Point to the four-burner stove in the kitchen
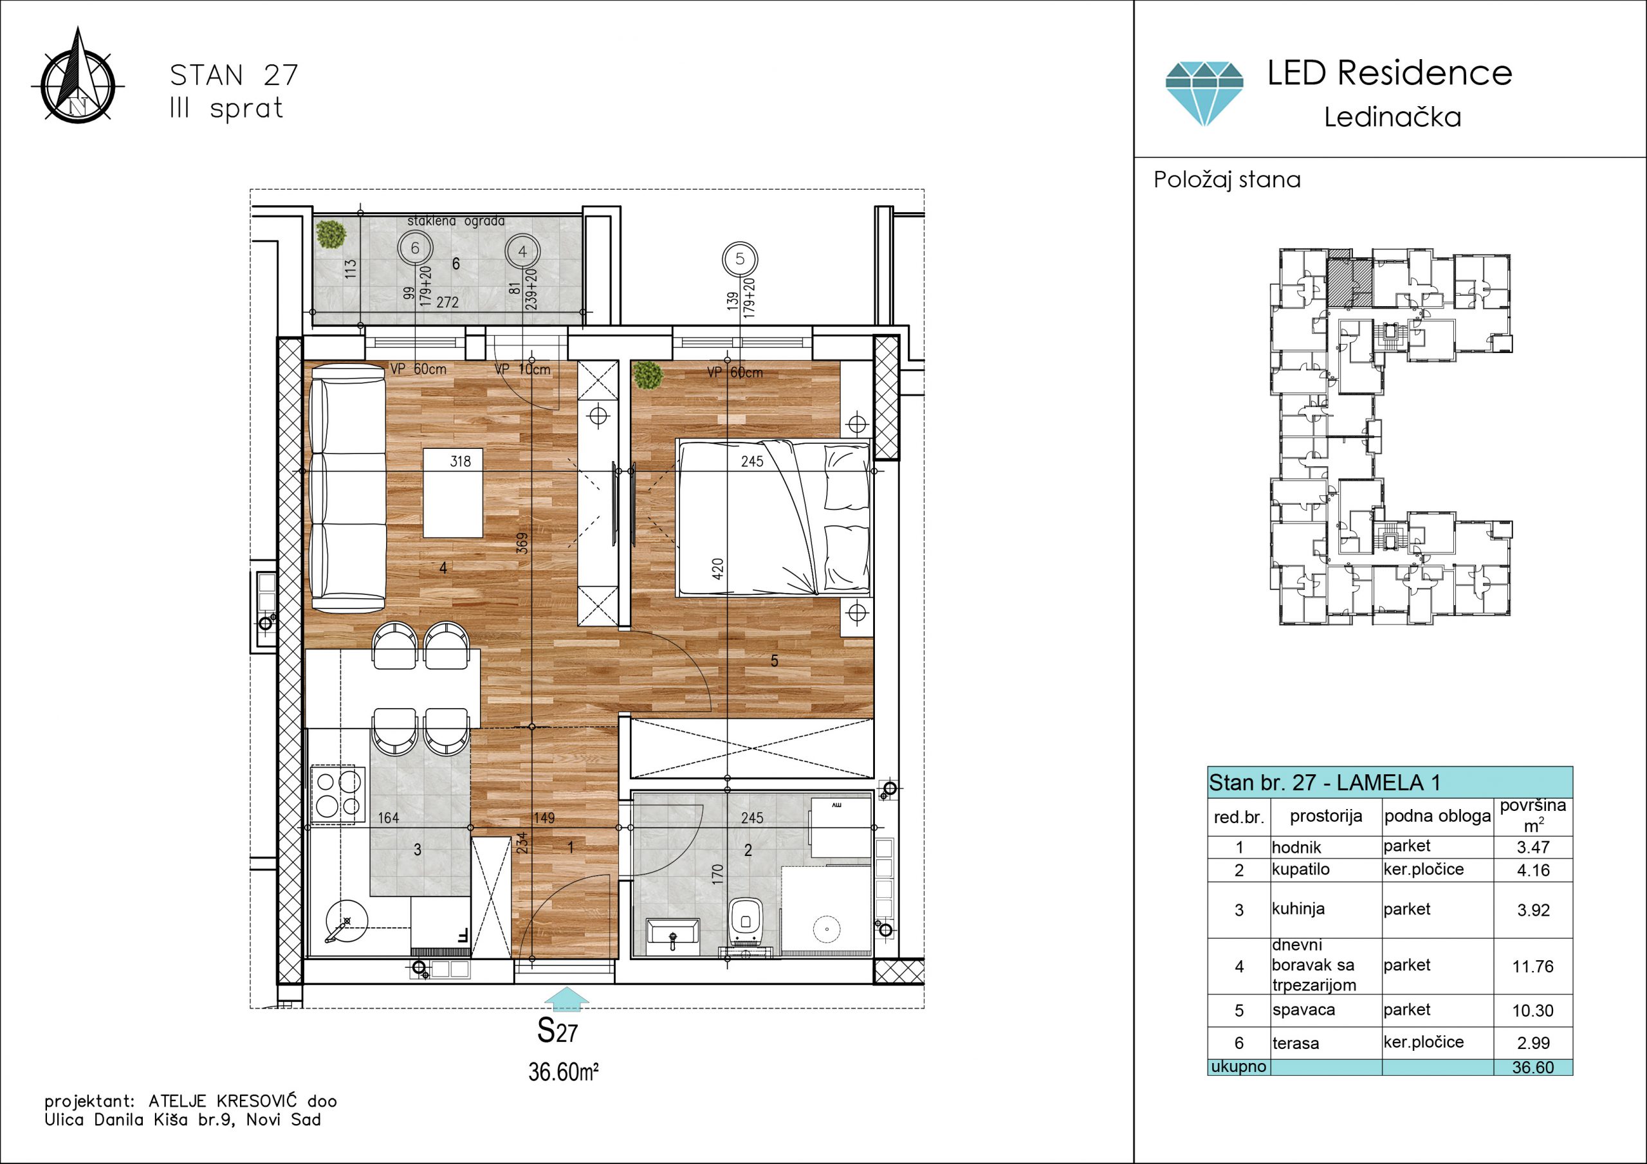point(338,795)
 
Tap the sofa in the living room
point(347,487)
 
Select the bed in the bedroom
point(774,518)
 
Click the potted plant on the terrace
point(331,234)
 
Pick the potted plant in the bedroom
point(648,375)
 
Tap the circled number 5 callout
point(741,259)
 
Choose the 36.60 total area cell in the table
point(1533,1067)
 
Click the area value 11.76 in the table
point(1533,966)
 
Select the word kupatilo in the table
point(1300,869)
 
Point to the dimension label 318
point(461,461)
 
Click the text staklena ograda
point(456,221)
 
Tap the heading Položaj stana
point(1227,179)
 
